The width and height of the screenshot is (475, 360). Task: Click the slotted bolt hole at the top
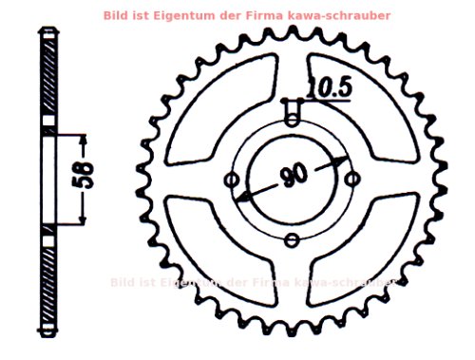click(x=293, y=113)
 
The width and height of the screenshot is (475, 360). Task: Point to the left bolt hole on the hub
click(x=230, y=180)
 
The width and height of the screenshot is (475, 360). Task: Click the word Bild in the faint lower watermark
click(x=123, y=282)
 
